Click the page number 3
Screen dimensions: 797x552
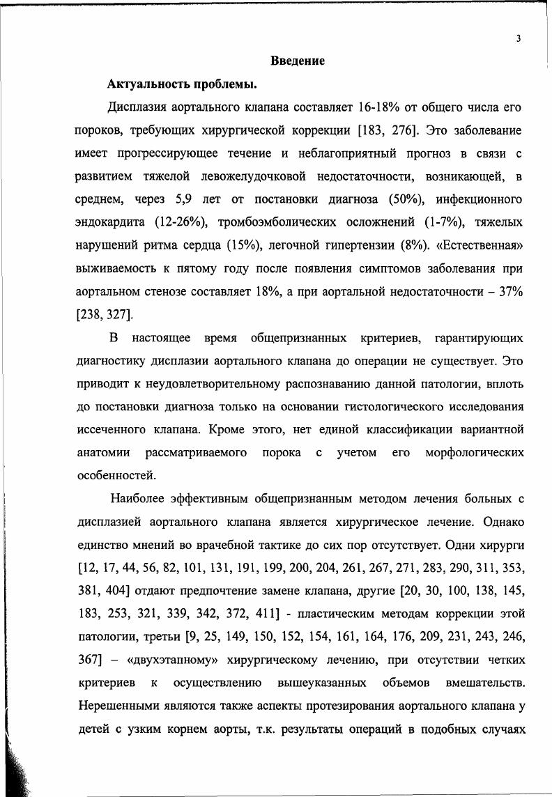tap(519, 39)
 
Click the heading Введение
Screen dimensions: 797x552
tap(298, 62)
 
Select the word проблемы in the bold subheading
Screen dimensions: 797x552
tap(224, 86)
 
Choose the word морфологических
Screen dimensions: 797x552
tap(475, 452)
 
